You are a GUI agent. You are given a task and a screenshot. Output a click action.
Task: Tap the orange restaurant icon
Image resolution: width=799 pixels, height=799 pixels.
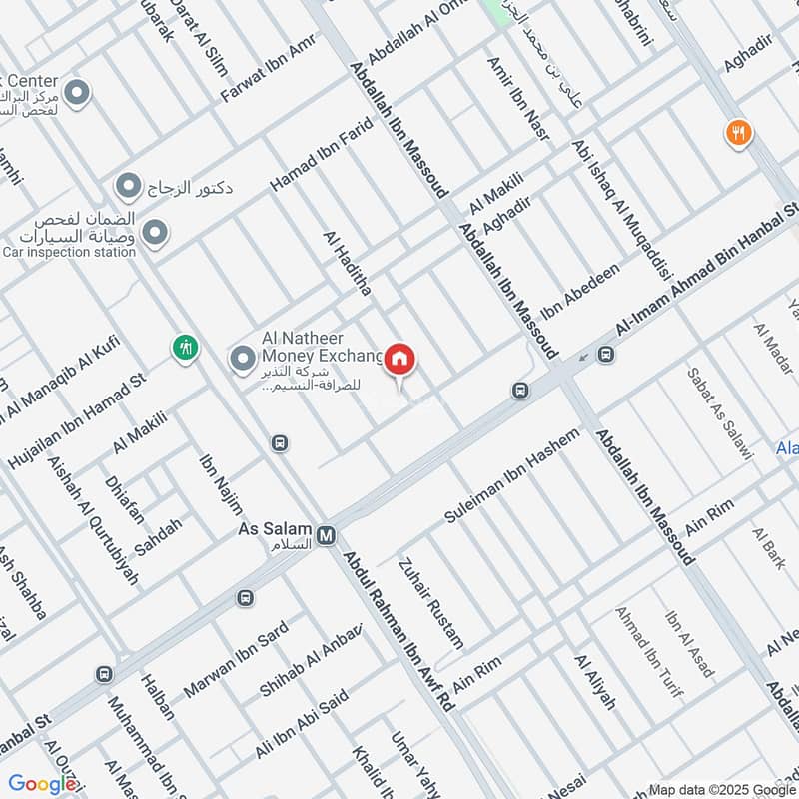[x=739, y=132]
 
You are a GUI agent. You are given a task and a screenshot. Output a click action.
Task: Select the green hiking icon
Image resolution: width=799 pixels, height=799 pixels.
[x=185, y=348]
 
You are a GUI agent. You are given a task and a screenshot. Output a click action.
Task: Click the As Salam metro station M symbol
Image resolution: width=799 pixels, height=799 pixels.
[x=326, y=537]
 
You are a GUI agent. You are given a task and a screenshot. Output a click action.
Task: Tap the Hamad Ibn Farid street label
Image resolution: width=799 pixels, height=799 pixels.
[x=322, y=155]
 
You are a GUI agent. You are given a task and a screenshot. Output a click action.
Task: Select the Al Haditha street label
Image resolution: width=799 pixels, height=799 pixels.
[x=347, y=263]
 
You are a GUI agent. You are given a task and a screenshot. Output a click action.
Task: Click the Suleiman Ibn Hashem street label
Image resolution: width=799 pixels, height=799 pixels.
[x=511, y=477]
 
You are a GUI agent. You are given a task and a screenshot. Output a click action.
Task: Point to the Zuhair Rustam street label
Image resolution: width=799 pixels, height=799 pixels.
[x=431, y=602]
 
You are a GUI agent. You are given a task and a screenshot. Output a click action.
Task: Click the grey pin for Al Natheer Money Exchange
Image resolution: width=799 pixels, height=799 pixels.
[x=242, y=357]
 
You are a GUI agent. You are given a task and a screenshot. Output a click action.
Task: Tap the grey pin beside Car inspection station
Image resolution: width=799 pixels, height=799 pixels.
[x=155, y=234]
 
